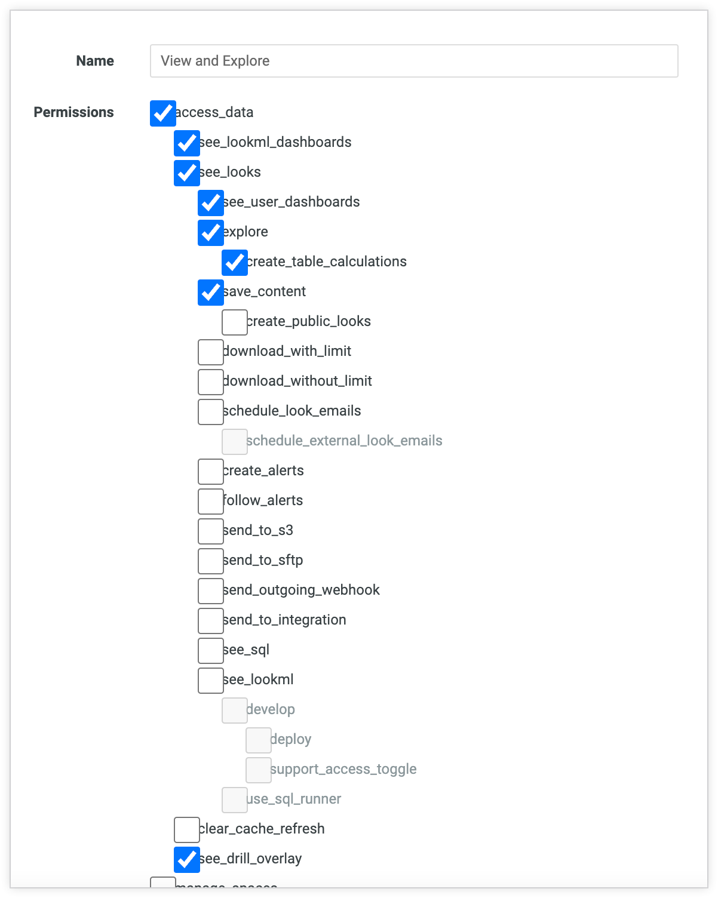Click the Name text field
pos(413,61)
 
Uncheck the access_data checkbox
pos(162,113)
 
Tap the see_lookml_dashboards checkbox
pos(186,143)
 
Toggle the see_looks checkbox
pos(186,173)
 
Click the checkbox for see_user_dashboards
pos(210,202)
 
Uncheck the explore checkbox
pos(210,232)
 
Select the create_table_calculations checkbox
pos(234,262)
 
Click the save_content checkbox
pos(210,292)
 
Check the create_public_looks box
pos(234,322)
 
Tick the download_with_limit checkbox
pos(210,352)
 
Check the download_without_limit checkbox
pos(210,382)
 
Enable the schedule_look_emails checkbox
pos(210,411)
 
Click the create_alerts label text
pos(263,470)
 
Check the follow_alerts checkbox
pos(210,501)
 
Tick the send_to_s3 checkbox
pos(210,531)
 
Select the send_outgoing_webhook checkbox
pos(210,591)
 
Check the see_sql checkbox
pos(210,650)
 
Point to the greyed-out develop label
pos(271,709)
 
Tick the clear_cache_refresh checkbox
pos(186,829)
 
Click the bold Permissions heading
pos(73,112)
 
